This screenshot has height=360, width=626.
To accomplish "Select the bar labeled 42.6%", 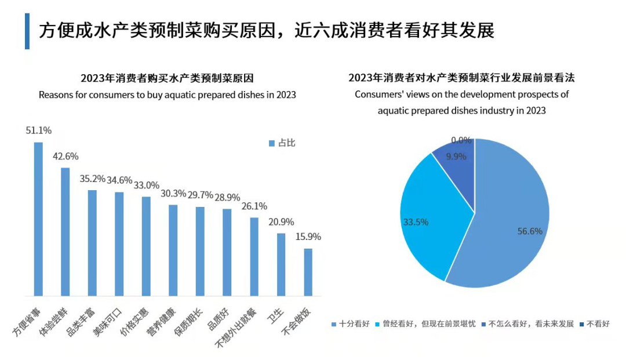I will pos(65,232).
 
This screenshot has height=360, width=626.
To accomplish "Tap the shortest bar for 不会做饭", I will pos(308,272).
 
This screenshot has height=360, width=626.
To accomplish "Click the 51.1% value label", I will pos(38,131).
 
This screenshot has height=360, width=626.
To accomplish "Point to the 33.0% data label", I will pos(146,186).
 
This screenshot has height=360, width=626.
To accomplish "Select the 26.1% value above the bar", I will pos(254,206).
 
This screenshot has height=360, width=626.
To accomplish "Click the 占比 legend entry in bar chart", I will pos(282,143).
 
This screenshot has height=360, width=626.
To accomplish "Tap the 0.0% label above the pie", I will pos(461,140).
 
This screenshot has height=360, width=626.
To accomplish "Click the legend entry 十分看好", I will pos(350,324).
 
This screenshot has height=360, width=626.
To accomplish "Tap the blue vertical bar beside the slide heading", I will pos(27,31).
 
